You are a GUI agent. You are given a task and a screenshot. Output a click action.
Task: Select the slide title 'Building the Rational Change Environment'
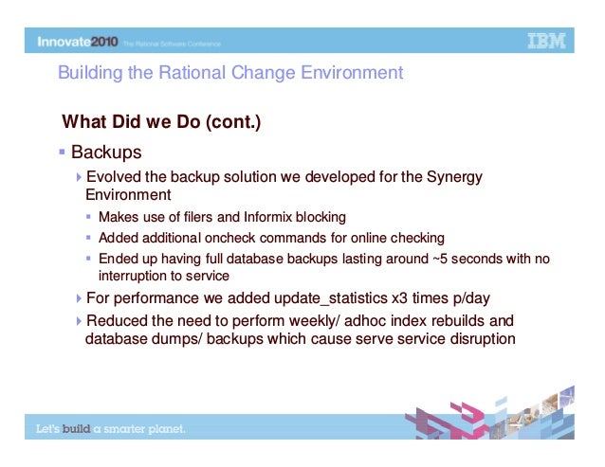click(230, 73)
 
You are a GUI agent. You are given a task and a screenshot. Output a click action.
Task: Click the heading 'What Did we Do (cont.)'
click(160, 123)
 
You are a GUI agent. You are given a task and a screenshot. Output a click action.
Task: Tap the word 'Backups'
click(106, 152)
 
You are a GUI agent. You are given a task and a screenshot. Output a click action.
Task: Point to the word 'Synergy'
click(452, 177)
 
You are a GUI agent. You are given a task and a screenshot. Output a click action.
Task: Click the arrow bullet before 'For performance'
click(79, 298)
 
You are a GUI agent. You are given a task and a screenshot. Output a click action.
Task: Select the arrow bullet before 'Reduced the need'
click(79, 320)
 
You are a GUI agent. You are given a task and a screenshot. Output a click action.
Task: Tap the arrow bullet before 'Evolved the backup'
click(79, 177)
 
